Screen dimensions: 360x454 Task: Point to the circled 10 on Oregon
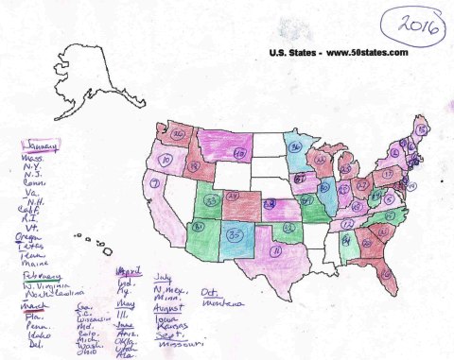click(166, 161)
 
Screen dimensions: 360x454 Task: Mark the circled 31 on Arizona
click(199, 228)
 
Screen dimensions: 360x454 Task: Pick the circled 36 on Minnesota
click(295, 148)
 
